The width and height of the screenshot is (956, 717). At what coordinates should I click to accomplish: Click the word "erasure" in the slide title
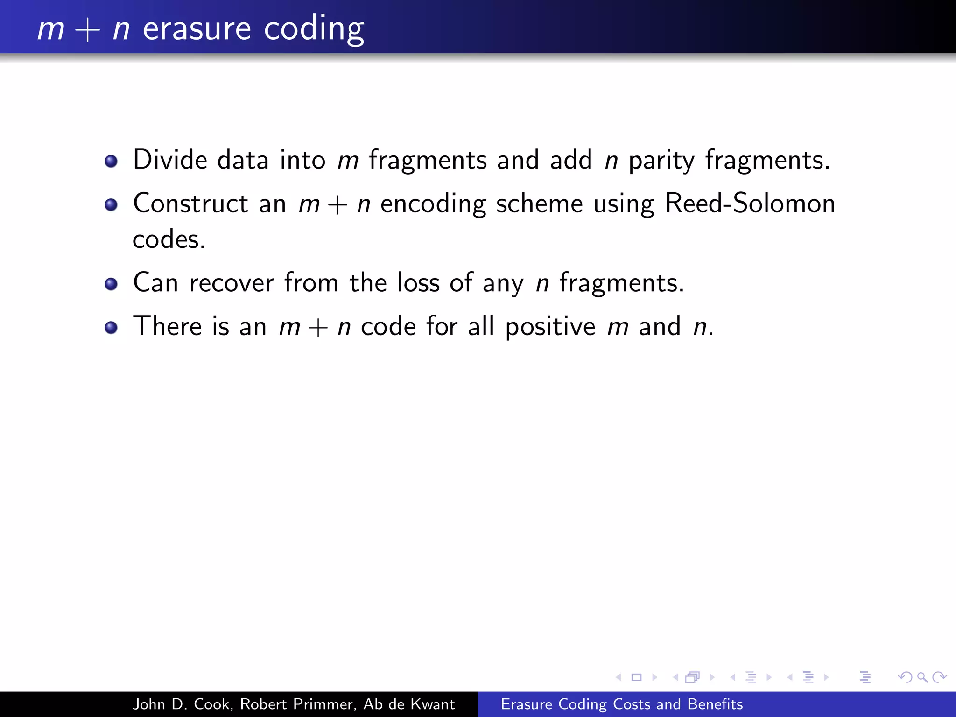tap(197, 29)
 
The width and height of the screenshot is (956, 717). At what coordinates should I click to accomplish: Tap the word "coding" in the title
tap(314, 29)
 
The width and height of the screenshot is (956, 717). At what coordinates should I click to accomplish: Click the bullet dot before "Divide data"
tap(111, 162)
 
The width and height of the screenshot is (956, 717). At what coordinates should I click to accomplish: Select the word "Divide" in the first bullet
tap(170, 160)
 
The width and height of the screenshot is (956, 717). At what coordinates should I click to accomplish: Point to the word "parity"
tap(661, 161)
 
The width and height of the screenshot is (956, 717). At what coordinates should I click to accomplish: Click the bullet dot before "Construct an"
tap(111, 205)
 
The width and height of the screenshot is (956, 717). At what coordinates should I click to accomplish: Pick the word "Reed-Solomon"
tap(750, 204)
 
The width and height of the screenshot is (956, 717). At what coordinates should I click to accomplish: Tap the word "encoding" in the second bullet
tap(433, 204)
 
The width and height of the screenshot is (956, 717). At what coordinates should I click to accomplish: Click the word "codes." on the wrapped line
tap(169, 239)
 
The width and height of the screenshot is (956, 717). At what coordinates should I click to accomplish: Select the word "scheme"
tap(539, 204)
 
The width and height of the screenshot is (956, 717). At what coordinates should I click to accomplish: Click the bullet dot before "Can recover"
tap(111, 284)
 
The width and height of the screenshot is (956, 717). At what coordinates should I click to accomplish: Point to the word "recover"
tap(232, 283)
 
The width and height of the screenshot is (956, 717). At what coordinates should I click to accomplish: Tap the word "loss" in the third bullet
tap(418, 283)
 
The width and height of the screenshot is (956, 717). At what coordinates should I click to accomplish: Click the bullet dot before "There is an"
tap(111, 327)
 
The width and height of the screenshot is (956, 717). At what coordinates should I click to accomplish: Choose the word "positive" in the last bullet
tap(550, 326)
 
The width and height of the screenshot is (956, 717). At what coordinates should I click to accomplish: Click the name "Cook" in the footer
tap(213, 704)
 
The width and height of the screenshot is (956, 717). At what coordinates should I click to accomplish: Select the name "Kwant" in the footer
tap(433, 704)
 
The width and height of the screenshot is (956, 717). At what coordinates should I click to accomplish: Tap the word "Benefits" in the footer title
tap(715, 704)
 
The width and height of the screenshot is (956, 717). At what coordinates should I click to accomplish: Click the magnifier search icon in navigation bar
tap(922, 677)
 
